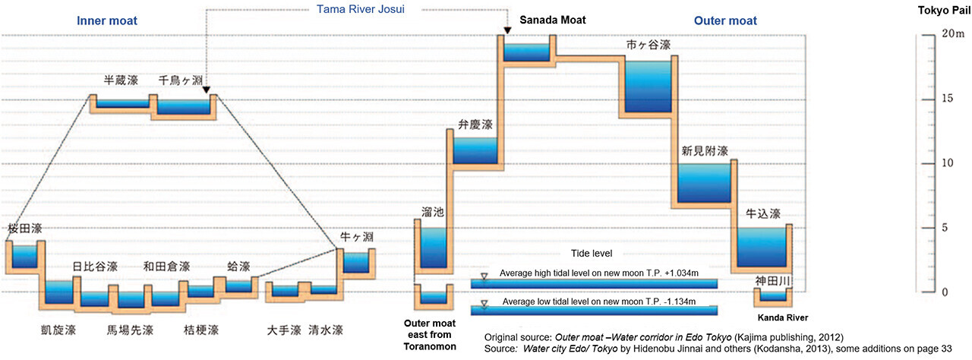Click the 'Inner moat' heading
(x=106, y=21)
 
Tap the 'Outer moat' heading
(x=725, y=21)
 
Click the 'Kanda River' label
(x=782, y=317)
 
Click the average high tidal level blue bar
(x=594, y=283)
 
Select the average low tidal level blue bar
(x=594, y=309)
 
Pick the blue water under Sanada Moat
(x=527, y=52)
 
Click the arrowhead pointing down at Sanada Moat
(x=504, y=31)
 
